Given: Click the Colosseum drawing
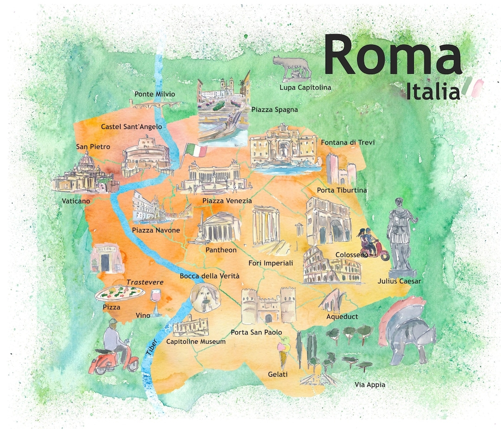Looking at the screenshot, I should click(x=331, y=267).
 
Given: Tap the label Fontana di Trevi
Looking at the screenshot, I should click(x=347, y=142).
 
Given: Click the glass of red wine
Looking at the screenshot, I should click(x=156, y=302).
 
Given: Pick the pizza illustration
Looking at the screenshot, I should click(x=119, y=293).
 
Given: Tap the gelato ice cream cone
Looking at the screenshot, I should click(x=284, y=353).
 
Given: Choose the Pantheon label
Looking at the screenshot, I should click(x=221, y=250).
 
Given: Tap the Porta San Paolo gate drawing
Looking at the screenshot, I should click(x=268, y=306).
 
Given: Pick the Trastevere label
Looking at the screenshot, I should click(x=145, y=282).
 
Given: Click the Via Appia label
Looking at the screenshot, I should click(x=370, y=384).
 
